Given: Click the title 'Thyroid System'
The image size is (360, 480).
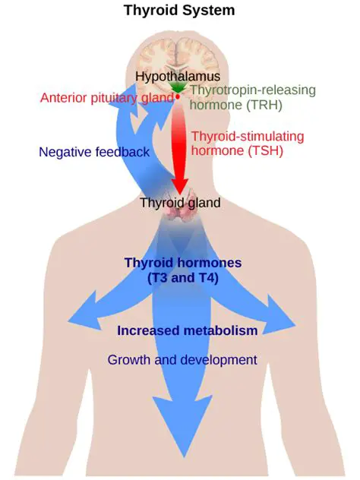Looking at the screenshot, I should tap(180, 11).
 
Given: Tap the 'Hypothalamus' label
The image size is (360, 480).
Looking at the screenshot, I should tap(178, 76).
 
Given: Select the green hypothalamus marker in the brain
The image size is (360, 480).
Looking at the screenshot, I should tap(178, 89).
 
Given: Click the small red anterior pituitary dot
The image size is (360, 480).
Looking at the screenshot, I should tap(178, 97).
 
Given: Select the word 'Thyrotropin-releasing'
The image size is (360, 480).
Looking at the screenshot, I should tap(247, 90).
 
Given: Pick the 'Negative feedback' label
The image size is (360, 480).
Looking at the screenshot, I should tap(93, 152).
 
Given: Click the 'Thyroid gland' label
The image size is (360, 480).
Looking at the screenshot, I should tap(180, 203).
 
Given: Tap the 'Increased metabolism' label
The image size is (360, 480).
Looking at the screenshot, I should tap(187, 331).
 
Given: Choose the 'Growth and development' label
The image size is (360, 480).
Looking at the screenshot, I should tap(182, 359).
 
